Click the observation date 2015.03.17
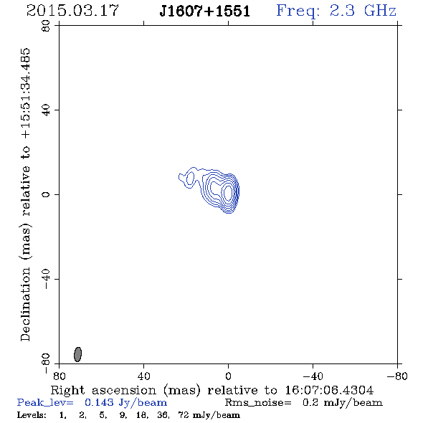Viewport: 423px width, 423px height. (x=72, y=11)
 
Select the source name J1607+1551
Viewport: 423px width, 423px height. (x=205, y=11)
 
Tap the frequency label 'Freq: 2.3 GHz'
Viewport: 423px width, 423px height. (x=336, y=11)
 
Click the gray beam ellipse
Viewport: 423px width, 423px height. (x=77, y=354)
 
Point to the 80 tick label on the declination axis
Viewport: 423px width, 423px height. (x=46, y=26)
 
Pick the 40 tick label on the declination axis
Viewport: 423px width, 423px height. (x=46, y=110)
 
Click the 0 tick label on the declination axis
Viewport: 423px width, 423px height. (x=46, y=194)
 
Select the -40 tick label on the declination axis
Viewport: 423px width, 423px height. (x=46, y=279)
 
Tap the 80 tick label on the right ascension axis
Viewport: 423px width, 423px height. (x=59, y=376)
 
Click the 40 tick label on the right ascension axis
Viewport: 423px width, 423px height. (x=143, y=376)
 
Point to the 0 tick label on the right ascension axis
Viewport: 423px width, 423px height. (x=228, y=376)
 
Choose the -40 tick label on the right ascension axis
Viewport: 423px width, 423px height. (x=313, y=376)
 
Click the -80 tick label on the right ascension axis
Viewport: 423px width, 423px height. (x=397, y=376)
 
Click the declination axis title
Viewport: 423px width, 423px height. (x=25, y=194)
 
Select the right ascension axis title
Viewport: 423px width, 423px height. (x=212, y=390)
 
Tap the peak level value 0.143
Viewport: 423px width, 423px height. (x=99, y=402)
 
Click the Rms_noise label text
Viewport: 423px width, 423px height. (x=258, y=403)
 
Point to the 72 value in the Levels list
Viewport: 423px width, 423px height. (x=184, y=414)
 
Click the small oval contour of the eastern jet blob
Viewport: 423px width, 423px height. (x=190, y=178)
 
